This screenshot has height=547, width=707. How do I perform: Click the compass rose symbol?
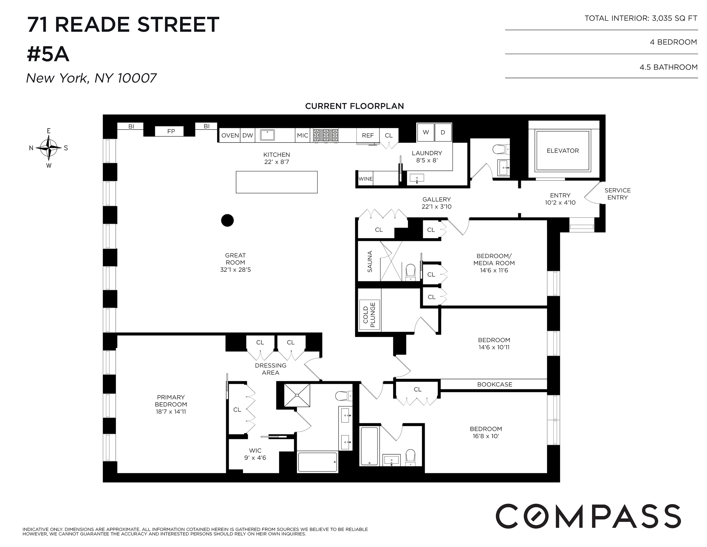coord(49,148)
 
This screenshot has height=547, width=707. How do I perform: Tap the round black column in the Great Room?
coord(227,220)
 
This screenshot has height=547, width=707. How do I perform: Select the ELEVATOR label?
coord(563,150)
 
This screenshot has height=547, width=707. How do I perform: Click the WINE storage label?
coord(365,179)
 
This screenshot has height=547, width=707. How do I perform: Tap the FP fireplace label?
coord(171,131)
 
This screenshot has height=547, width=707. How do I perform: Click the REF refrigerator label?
coord(368,135)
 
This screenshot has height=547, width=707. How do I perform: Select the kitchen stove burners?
coord(326,135)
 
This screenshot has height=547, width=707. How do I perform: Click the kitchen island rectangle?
coord(277,182)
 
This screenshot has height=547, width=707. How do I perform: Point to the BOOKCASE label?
coord(495,384)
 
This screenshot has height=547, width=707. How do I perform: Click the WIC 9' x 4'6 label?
coord(255,454)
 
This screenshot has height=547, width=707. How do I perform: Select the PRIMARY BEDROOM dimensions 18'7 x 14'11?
coord(171,412)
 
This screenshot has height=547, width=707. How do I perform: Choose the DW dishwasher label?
coord(248,135)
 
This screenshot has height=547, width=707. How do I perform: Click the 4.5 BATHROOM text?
coord(668,67)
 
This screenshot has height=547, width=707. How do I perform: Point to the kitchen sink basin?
coord(267,135)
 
